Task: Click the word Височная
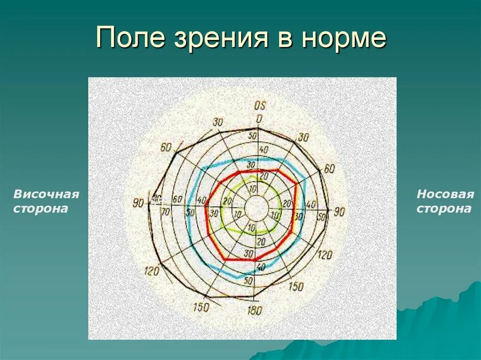click(46, 194)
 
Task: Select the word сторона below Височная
click(40, 208)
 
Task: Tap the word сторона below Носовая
click(444, 208)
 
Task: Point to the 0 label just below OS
click(259, 119)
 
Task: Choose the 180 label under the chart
click(255, 310)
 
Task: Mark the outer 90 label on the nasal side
click(339, 212)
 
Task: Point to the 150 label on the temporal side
click(201, 307)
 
